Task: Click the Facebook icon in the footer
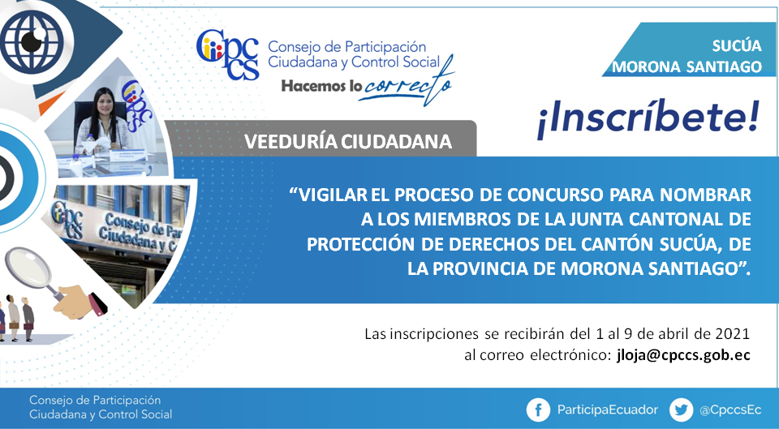[x=539, y=410]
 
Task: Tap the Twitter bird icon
[x=681, y=410]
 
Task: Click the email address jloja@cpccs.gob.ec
[x=683, y=355]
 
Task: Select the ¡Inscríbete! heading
[x=648, y=118]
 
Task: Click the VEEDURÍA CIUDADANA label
[x=348, y=142]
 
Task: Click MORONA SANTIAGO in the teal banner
[x=686, y=66]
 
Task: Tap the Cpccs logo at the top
[x=228, y=54]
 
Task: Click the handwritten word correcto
[x=407, y=84]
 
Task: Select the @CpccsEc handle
[x=730, y=410]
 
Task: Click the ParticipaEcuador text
[x=607, y=410]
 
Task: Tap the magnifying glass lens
[x=28, y=266]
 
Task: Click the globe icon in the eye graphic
[x=32, y=40]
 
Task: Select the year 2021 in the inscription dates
[x=732, y=333]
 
